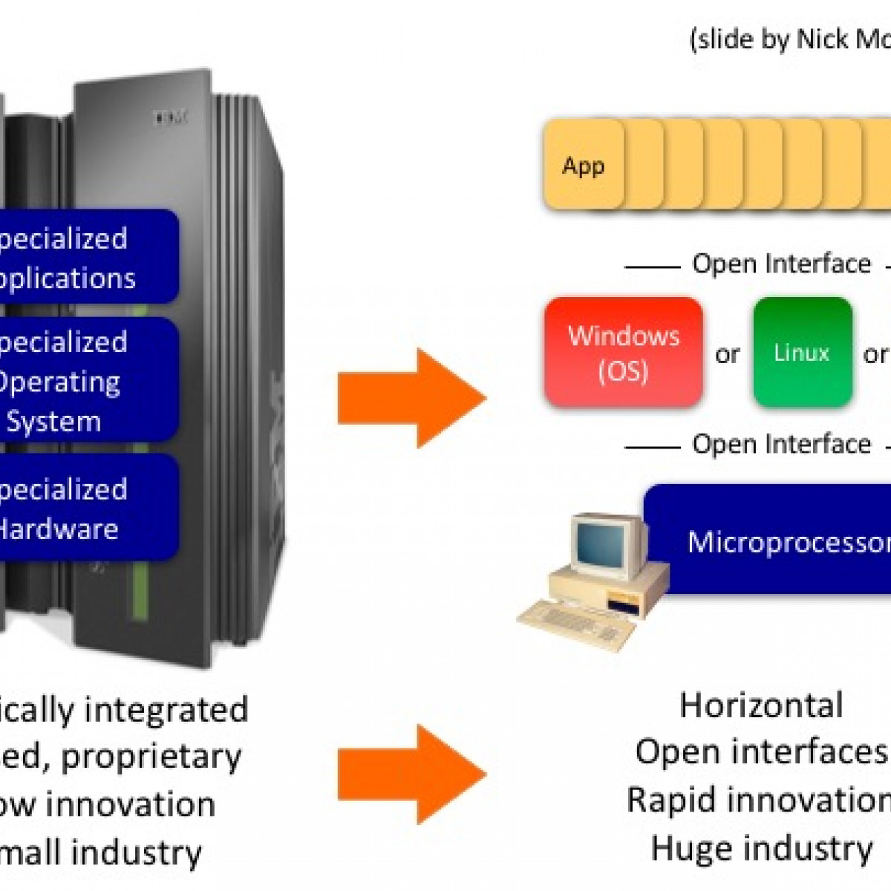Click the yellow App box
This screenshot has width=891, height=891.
pyautogui.click(x=584, y=165)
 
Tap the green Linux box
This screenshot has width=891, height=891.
pyautogui.click(x=802, y=353)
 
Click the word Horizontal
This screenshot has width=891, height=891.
pyautogui.click(x=761, y=705)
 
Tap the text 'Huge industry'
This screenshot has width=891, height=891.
pyautogui.click(x=761, y=848)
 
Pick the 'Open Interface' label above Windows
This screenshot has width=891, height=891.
pyautogui.click(x=781, y=264)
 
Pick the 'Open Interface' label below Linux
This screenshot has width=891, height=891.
pyautogui.click(x=781, y=444)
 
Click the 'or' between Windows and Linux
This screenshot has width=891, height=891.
pyautogui.click(x=727, y=354)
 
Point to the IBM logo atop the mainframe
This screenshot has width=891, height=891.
pyautogui.click(x=171, y=117)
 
